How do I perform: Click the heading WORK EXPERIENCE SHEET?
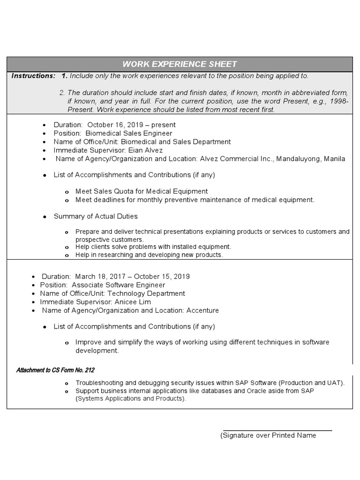pos(180,64)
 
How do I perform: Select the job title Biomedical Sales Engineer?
pos(128,134)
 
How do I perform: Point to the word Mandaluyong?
pos(298,159)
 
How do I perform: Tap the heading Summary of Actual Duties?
pos(96,217)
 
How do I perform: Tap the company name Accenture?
pos(202,310)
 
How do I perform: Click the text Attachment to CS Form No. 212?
pos(55,370)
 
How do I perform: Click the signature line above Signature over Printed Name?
pos(277,430)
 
